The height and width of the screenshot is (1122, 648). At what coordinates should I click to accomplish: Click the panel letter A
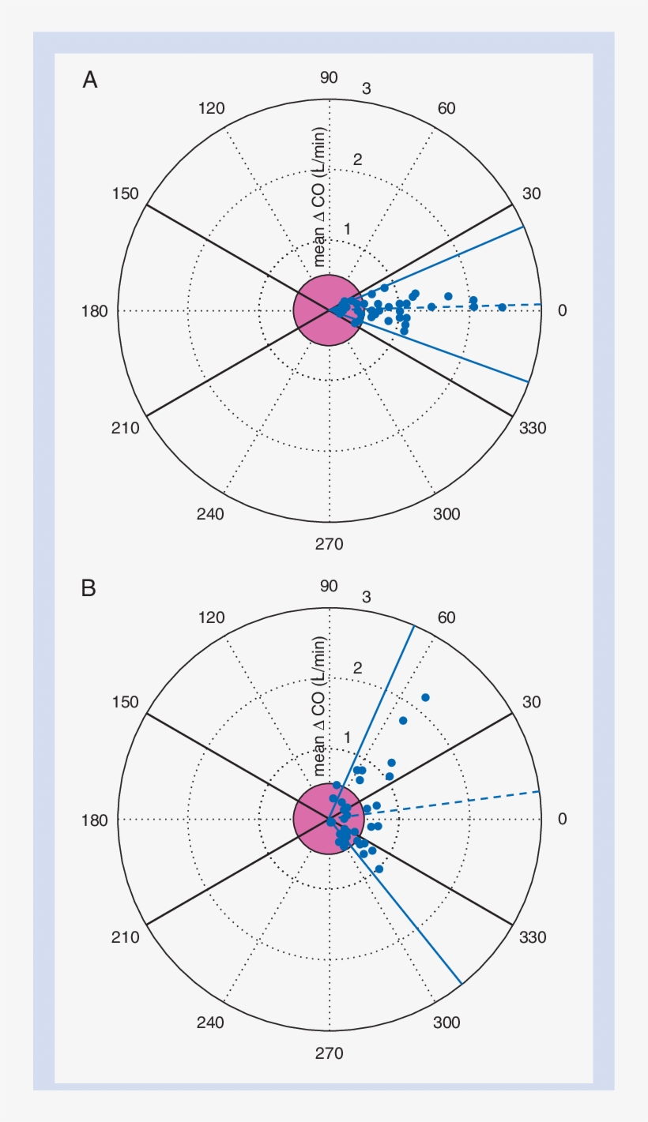(x=90, y=80)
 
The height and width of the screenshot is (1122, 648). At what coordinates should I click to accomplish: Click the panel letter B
(x=89, y=588)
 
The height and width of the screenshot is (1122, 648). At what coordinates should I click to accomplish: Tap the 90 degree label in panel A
(x=329, y=77)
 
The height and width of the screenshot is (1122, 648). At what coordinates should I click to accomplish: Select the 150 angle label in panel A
(x=125, y=194)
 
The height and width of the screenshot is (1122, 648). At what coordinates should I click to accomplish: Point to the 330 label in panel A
(x=533, y=428)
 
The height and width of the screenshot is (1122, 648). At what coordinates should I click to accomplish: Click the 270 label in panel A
(x=329, y=544)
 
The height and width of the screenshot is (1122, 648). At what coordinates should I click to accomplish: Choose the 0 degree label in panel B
(x=562, y=820)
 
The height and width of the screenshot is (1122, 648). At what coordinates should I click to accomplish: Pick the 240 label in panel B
(x=210, y=1023)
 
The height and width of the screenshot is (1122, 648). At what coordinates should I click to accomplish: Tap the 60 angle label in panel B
(x=446, y=617)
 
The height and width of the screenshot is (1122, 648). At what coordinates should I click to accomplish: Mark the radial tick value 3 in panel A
(x=367, y=89)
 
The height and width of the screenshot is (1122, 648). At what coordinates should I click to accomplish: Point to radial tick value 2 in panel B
(x=357, y=668)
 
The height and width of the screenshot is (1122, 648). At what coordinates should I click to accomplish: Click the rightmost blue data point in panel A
(x=502, y=307)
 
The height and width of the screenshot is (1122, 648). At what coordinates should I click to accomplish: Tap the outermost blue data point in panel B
(x=425, y=697)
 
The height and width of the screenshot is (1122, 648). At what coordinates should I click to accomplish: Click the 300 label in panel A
(x=446, y=515)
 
